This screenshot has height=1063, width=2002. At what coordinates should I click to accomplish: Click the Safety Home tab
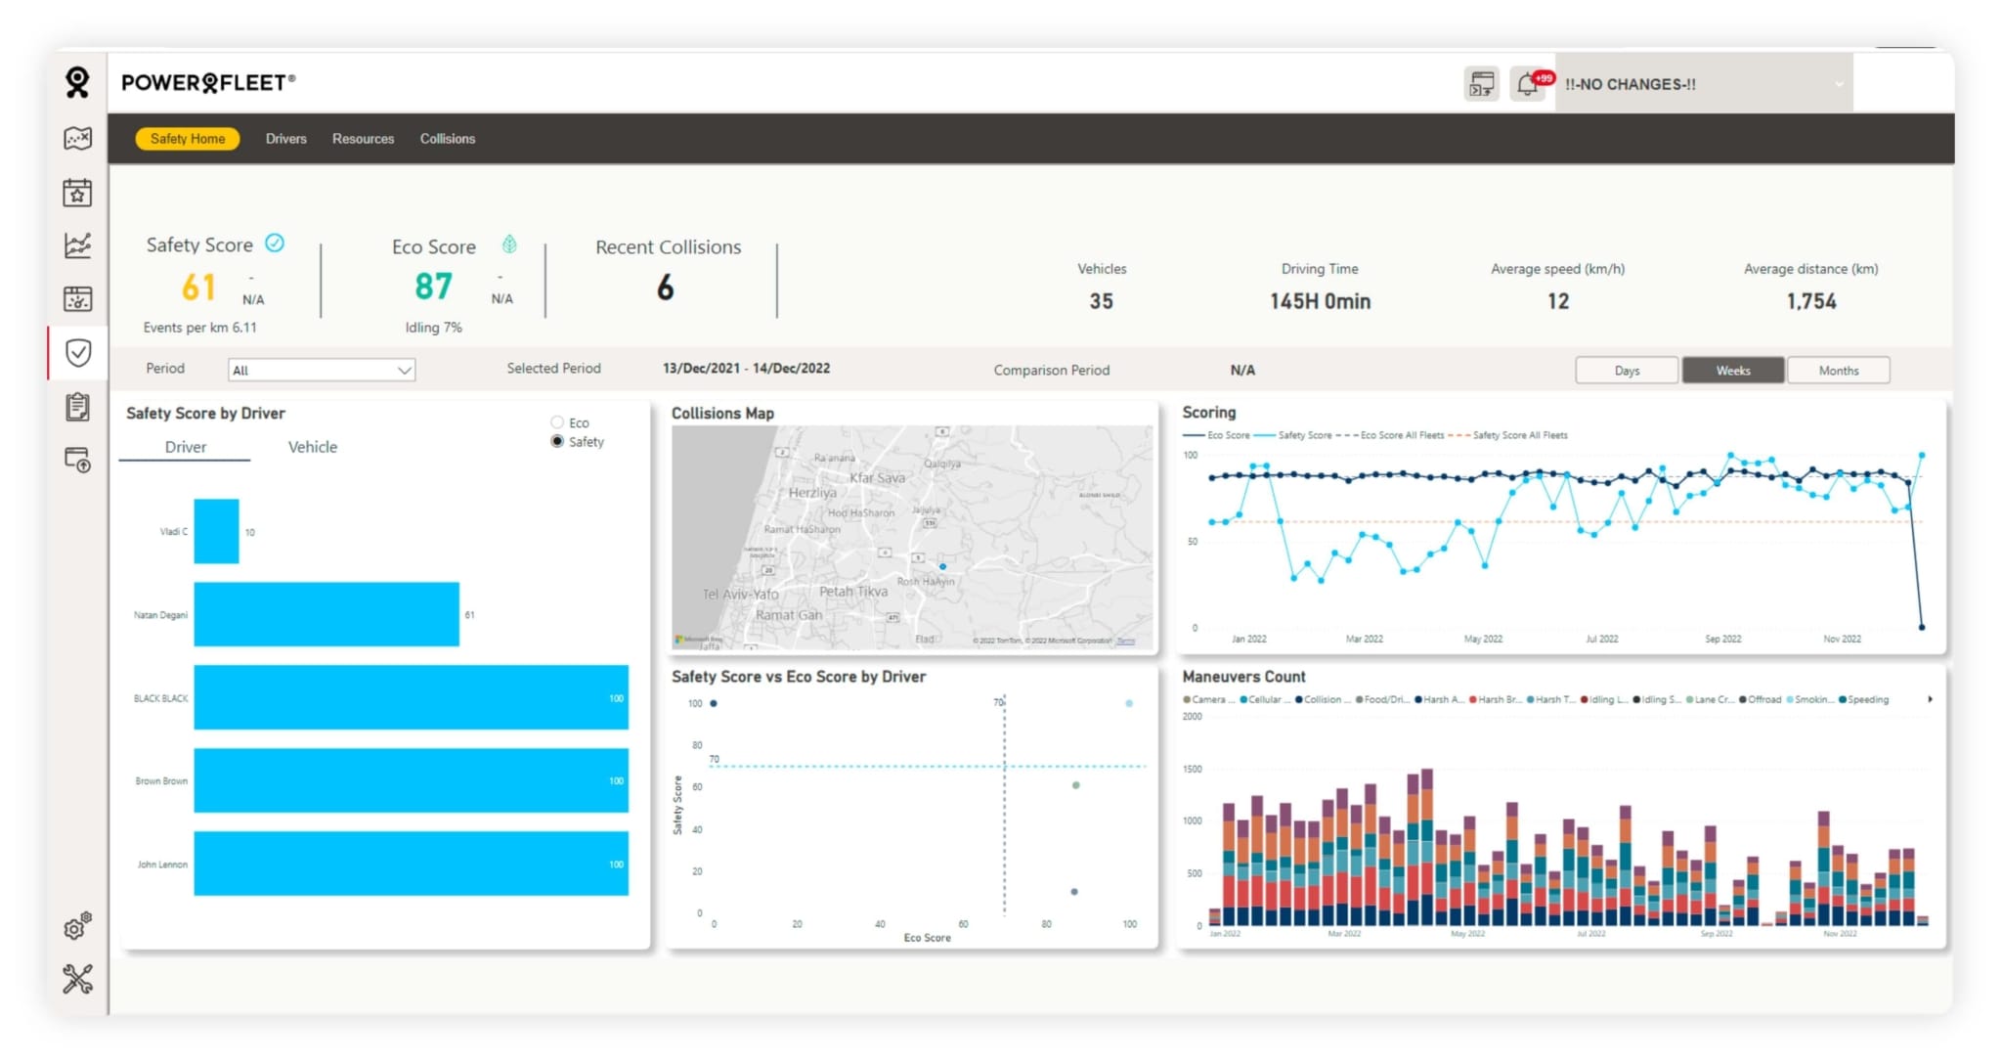(188, 139)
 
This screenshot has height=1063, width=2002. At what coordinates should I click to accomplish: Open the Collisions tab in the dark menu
(448, 139)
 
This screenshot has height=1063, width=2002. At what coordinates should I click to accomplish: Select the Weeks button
(1732, 371)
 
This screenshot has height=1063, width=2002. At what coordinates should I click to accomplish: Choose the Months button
(1838, 371)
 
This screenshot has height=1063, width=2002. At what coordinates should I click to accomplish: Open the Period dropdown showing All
(322, 371)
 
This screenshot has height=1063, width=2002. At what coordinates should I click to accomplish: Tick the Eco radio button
(557, 422)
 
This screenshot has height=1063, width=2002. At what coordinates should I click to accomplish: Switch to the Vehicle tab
(312, 447)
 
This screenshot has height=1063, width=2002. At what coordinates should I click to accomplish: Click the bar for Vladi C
(216, 532)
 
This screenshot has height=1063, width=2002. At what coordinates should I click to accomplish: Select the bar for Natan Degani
(326, 614)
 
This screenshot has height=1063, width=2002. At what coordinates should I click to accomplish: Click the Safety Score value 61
(198, 288)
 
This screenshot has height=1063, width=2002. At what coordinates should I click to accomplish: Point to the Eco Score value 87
(433, 287)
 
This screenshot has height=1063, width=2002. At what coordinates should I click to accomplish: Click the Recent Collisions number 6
(665, 288)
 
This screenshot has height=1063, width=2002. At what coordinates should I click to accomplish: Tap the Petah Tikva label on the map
(852, 592)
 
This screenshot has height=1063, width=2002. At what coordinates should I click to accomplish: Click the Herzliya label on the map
(812, 493)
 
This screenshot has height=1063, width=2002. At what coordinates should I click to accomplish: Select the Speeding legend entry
(1867, 700)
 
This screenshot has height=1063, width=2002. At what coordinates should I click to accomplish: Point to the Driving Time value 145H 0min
(1320, 301)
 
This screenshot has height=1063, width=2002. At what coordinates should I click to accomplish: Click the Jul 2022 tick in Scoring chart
(1601, 639)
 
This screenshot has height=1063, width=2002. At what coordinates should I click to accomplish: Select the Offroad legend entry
(1763, 700)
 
